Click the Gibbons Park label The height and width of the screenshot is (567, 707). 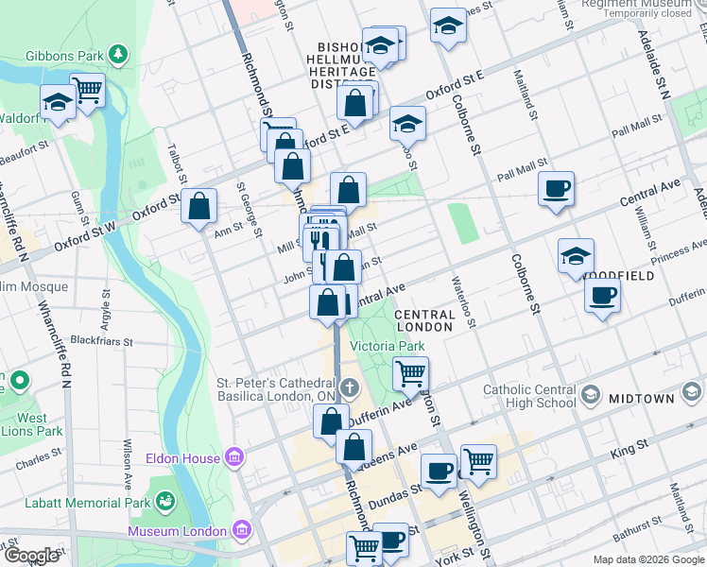pos(63,56)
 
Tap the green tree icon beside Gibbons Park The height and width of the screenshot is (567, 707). pos(117,56)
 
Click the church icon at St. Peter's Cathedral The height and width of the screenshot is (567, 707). pos(350,387)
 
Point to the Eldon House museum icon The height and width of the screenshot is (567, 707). pos(234,458)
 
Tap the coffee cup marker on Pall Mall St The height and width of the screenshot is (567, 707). pos(557,187)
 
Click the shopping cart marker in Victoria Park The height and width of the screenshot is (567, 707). pos(410,373)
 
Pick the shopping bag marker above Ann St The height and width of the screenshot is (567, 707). pos(199,205)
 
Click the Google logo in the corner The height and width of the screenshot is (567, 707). pos(30,556)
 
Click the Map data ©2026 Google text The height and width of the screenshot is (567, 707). pos(647,559)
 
